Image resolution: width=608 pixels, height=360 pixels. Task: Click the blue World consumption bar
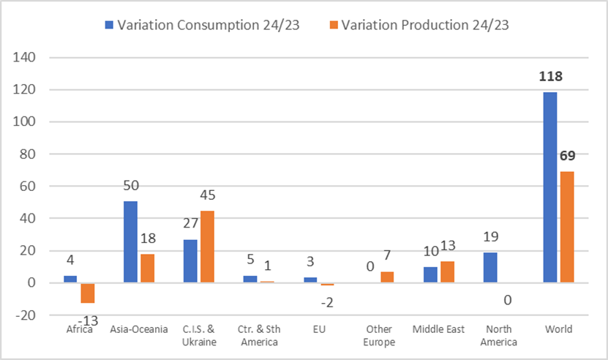550,187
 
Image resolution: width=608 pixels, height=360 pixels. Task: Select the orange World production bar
567,227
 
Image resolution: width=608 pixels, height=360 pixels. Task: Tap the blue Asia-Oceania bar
130,241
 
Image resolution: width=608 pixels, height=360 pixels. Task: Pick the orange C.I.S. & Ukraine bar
208,247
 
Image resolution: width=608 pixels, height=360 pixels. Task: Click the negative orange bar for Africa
88,293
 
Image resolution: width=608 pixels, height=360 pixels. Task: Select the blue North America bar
490,268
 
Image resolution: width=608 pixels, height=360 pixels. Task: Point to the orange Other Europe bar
388,277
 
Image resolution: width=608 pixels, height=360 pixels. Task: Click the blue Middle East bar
430,274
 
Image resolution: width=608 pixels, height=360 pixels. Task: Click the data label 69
567,157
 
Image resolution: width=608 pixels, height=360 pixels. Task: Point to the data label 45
208,197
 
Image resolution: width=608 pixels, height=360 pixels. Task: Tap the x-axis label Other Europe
379,336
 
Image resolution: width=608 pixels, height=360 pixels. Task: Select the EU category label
319,330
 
